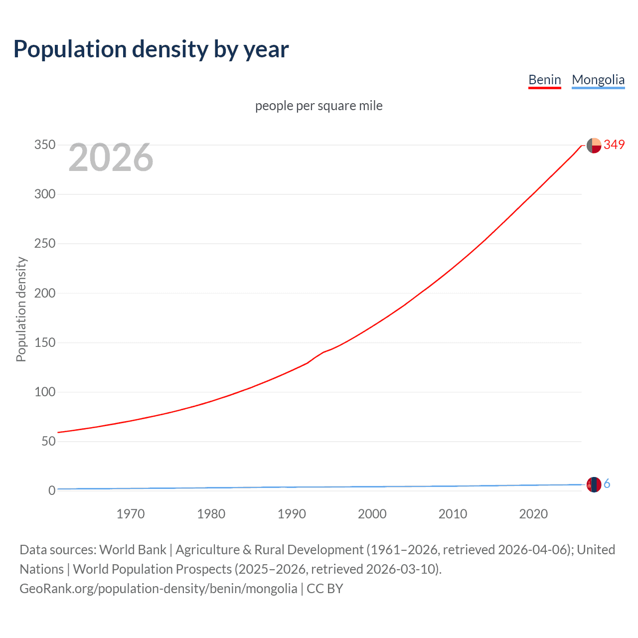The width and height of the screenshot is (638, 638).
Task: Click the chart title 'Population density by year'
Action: point(151,49)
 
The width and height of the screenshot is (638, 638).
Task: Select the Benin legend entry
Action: point(544,80)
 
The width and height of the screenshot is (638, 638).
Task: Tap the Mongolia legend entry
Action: point(598,80)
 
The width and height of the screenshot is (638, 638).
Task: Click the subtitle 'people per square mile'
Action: point(319,106)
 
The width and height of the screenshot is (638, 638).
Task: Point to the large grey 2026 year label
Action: point(111,158)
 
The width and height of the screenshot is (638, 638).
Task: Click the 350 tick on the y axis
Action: point(44,145)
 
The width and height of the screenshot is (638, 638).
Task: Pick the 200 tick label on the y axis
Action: point(44,293)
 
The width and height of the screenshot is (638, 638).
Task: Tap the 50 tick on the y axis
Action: point(48,441)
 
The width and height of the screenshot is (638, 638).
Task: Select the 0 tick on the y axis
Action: point(51,490)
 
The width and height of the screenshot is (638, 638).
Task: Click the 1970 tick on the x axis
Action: point(131,514)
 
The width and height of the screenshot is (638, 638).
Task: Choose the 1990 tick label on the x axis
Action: point(292,514)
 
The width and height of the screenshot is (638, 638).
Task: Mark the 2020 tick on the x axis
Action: point(533,514)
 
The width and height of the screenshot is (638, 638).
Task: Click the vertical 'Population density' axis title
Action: point(21,309)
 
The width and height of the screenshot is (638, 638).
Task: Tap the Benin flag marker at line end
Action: point(594,145)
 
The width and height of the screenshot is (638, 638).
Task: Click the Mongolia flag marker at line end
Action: point(594,484)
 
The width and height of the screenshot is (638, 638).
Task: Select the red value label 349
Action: point(614,145)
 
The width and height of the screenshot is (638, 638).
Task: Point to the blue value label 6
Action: point(607,483)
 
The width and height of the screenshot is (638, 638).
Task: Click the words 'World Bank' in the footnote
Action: point(133,550)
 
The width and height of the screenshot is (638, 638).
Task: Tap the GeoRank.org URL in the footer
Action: point(158,589)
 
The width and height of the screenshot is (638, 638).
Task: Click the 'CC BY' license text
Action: point(325,589)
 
